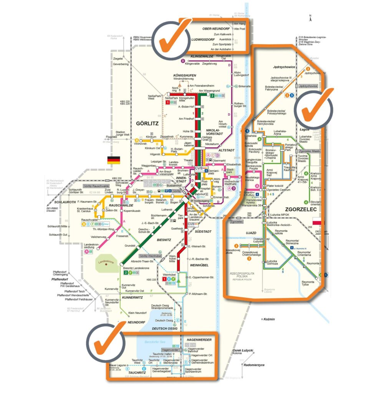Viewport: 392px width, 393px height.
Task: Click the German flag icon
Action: point(113,160)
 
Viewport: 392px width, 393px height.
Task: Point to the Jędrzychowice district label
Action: point(284,67)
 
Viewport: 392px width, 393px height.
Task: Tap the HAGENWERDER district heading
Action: point(199,340)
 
